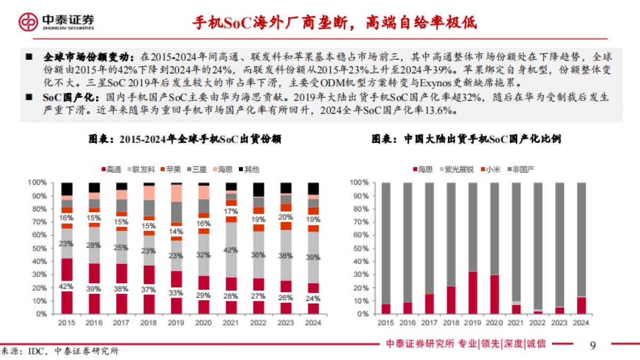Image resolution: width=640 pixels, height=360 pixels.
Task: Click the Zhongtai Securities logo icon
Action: pyautogui.click(x=28, y=21)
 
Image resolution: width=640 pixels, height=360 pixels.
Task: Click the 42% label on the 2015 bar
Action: pyautogui.click(x=67, y=286)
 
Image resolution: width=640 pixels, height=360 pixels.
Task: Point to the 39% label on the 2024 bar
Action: pyautogui.click(x=314, y=257)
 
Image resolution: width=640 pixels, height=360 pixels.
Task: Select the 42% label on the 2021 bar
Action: pyautogui.click(x=231, y=250)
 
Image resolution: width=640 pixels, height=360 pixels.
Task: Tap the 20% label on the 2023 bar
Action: pyautogui.click(x=286, y=217)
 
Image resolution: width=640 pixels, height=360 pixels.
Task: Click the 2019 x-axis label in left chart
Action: pyautogui.click(x=176, y=323)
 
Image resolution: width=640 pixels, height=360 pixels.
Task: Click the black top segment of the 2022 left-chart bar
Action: pyautogui.click(x=258, y=189)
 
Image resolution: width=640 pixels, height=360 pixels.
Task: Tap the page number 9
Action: pyautogui.click(x=593, y=345)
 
